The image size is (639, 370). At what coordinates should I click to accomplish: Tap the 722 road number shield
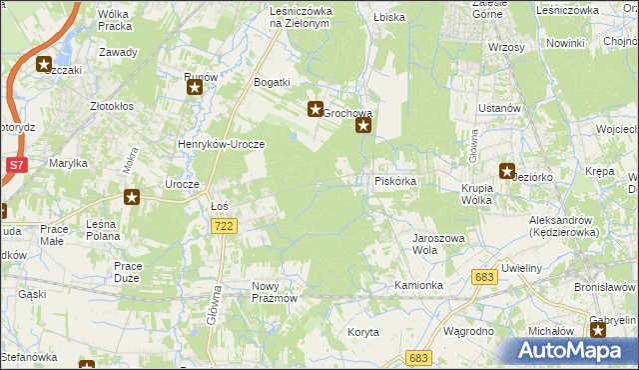pyautogui.click(x=224, y=228)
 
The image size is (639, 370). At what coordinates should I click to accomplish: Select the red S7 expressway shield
pyautogui.click(x=16, y=164)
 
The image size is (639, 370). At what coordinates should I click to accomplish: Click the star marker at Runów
pyautogui.click(x=195, y=89)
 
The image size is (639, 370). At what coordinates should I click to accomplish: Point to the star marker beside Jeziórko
pyautogui.click(x=506, y=172)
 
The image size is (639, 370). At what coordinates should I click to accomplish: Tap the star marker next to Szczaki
pyautogui.click(x=45, y=66)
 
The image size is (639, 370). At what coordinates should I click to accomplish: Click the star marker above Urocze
pyautogui.click(x=131, y=198)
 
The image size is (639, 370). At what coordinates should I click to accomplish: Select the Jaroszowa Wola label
pyautogui.click(x=439, y=245)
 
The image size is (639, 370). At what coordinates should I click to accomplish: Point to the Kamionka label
pyautogui.click(x=418, y=285)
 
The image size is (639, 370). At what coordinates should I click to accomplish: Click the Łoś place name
pyautogui.click(x=221, y=206)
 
